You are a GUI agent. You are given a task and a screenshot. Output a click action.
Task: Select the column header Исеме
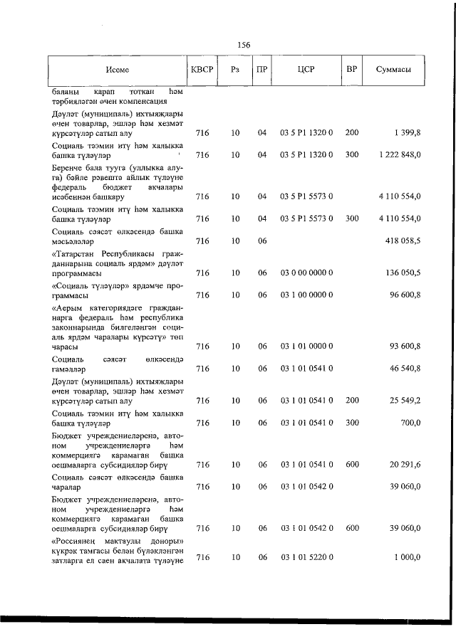[x=116, y=70]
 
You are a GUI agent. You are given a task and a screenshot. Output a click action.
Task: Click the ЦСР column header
[x=306, y=70]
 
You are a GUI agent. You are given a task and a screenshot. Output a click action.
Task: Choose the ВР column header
[x=351, y=69]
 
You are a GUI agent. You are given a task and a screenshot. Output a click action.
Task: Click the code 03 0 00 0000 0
[x=306, y=273]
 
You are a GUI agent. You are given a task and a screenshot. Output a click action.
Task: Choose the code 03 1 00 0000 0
[x=306, y=294]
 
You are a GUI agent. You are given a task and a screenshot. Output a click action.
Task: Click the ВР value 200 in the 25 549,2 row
[x=351, y=401]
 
